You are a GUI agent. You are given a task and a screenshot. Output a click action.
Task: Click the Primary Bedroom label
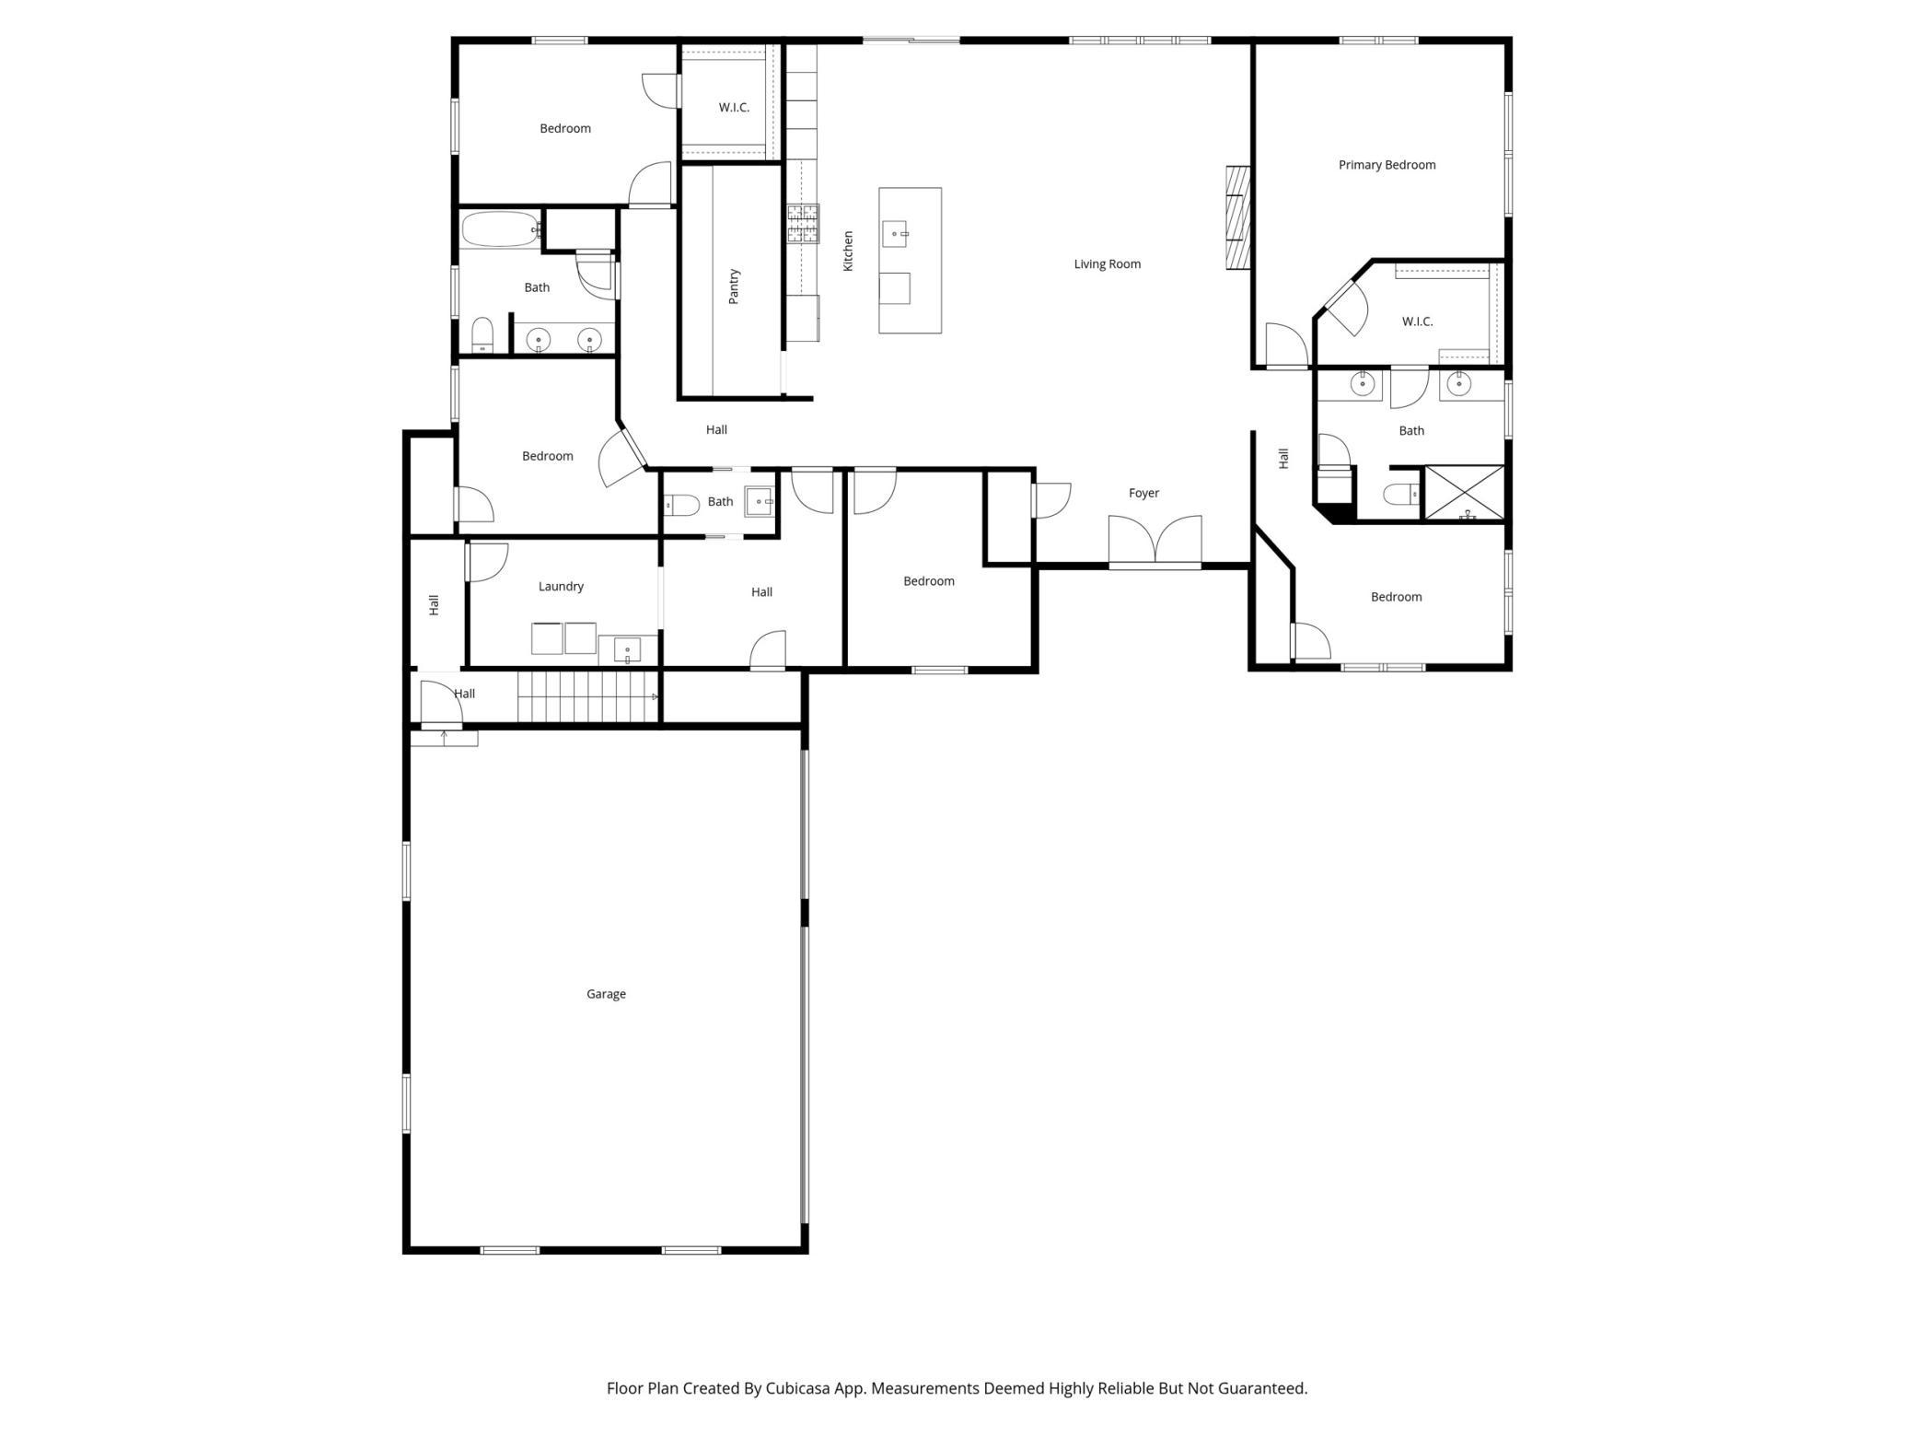(x=1387, y=165)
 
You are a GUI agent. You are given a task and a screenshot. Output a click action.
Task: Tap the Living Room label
(x=1107, y=264)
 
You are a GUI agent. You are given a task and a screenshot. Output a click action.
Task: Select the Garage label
(x=606, y=994)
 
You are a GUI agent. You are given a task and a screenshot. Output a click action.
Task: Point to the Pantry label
(x=734, y=286)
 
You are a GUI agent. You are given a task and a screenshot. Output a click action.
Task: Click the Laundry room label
(x=561, y=587)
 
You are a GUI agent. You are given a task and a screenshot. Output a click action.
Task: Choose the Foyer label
(x=1143, y=493)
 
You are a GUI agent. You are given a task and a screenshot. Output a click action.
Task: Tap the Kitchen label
(x=848, y=251)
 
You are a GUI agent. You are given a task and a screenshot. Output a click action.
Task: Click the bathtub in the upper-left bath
(x=502, y=229)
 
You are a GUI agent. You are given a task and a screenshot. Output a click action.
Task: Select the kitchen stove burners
(x=803, y=224)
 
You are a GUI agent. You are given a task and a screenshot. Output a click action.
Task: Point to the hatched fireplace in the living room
(x=1238, y=217)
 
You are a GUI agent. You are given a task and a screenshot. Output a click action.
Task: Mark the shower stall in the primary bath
(x=1464, y=493)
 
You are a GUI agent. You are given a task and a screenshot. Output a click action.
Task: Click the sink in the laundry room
(x=627, y=649)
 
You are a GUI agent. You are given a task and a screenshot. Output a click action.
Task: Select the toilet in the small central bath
(x=682, y=505)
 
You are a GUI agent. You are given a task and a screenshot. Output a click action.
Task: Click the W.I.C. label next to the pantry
(x=734, y=108)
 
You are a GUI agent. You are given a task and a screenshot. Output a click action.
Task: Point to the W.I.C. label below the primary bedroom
(x=1417, y=321)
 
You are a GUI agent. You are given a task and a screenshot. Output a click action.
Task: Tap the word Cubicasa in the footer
(x=798, y=1388)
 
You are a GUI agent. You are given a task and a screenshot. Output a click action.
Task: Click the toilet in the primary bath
(x=1402, y=495)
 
